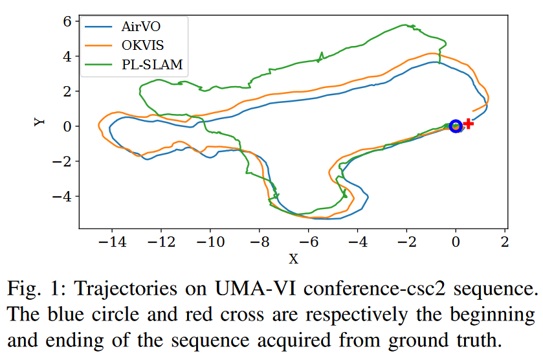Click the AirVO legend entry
[x=139, y=27]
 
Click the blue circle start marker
[x=456, y=126]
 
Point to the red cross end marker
[x=468, y=123]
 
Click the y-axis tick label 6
[x=66, y=21]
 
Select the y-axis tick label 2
[x=66, y=91]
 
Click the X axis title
[x=293, y=259]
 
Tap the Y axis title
[x=39, y=121]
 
